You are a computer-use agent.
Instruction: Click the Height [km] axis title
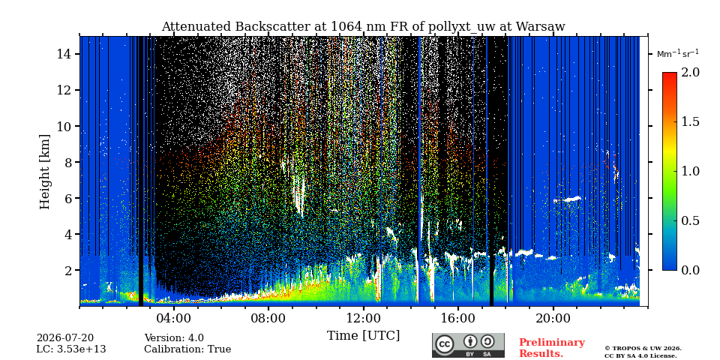44,172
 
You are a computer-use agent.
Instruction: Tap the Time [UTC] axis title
363,336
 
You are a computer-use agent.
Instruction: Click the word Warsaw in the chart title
540,27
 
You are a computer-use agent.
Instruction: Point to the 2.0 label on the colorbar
691,73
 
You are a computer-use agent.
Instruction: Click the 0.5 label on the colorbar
691,220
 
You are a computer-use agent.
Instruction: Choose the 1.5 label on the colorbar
691,122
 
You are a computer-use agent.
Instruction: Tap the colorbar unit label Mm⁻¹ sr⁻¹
678,53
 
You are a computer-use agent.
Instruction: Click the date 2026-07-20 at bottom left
64,338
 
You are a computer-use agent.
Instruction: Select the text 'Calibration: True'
187,349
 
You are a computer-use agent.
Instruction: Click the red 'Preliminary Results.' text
551,347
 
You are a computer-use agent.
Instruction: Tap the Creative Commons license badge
468,345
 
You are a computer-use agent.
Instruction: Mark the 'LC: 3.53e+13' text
70,349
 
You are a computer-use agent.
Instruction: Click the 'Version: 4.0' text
173,338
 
